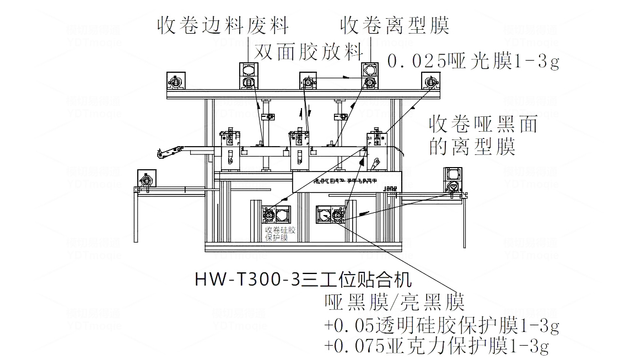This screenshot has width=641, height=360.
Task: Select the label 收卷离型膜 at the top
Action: coord(395,25)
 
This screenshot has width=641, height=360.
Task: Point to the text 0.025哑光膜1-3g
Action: coord(473,61)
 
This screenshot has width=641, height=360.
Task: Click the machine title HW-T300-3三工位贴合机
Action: coord(303,280)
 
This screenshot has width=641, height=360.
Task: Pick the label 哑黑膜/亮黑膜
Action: coord(395,302)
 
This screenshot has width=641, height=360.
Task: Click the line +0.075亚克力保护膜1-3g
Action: coord(437,346)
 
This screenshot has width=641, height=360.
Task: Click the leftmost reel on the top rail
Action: coord(177,82)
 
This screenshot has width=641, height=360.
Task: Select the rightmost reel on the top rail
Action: coord(430,82)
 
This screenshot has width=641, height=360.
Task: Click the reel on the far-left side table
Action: coord(147,180)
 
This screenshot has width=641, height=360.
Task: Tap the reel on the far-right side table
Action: coord(453,186)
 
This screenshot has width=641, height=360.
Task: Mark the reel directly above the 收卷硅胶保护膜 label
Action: coord(270,214)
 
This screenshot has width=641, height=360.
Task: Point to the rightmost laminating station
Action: coord(376,144)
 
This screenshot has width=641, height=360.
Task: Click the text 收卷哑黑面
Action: coord(483,125)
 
